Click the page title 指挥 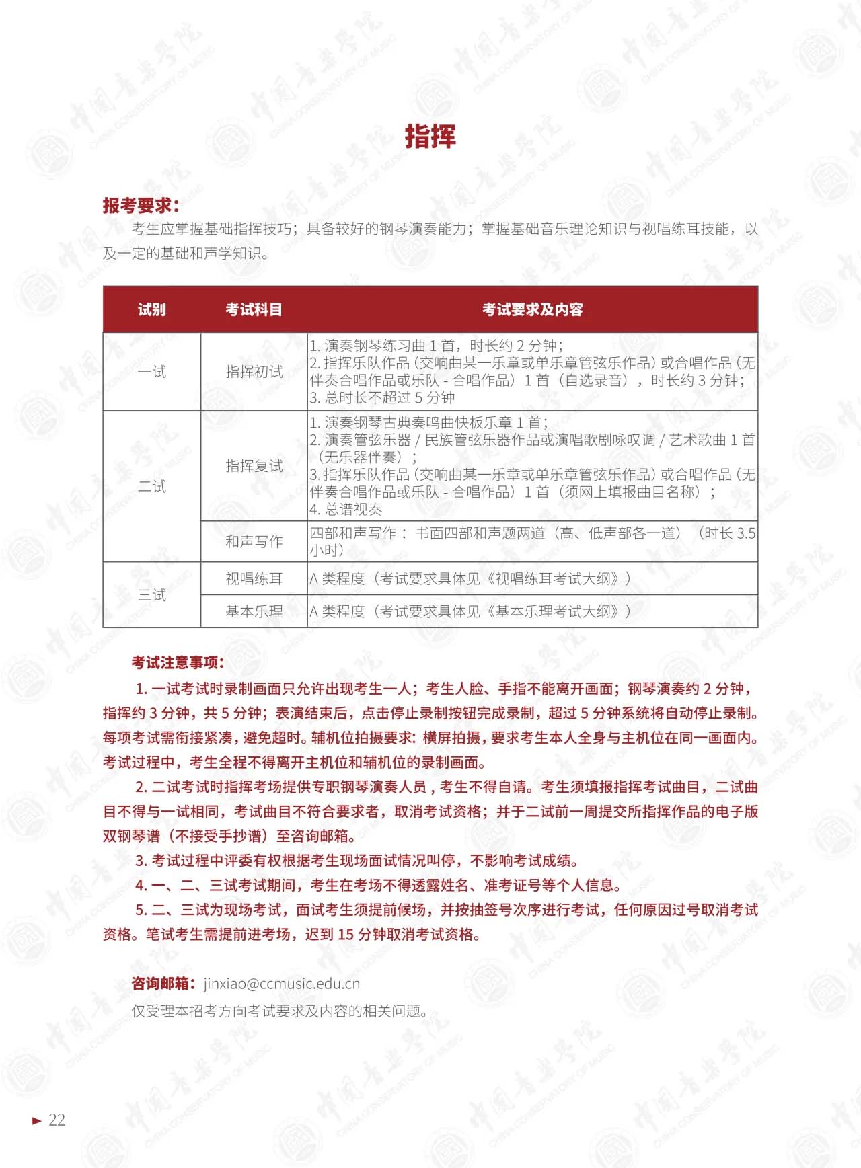point(430,137)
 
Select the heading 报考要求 point(141,205)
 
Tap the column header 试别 point(151,309)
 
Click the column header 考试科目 point(254,309)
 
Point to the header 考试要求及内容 point(532,309)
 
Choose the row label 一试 point(151,372)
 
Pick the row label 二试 point(151,486)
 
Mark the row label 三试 point(151,595)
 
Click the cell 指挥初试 point(254,372)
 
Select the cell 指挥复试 point(254,466)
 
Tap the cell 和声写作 point(254,542)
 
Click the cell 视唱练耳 point(254,579)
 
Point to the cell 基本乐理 point(254,611)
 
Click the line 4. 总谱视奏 point(346,510)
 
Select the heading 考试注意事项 point(178,663)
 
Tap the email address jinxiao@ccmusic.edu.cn point(282,984)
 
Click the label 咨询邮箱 point(163,984)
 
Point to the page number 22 point(57,1120)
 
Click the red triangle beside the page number point(37,1120)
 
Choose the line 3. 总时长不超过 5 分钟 point(382,397)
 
